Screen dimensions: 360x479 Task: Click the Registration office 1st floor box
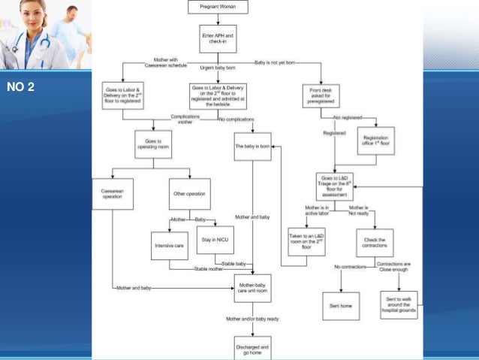coord(375,141)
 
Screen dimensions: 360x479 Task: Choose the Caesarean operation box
coord(112,193)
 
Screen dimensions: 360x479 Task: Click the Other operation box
coord(189,193)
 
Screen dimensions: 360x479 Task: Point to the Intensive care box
coord(169,245)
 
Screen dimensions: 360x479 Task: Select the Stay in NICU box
coord(215,240)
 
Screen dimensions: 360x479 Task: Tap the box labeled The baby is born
coord(252,146)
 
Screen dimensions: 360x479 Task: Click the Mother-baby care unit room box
coord(252,288)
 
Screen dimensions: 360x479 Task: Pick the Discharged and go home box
coord(252,347)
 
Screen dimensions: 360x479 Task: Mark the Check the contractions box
coord(375,242)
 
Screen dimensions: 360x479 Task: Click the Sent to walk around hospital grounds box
coord(399,304)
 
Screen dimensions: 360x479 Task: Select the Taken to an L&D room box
coord(306,242)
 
